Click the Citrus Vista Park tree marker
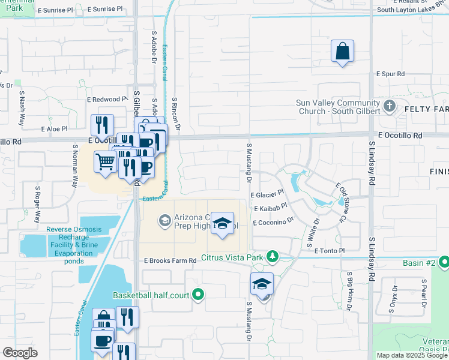(x=273, y=257)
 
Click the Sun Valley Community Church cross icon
(x=390, y=107)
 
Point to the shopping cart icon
(x=105, y=161)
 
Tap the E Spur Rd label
(x=391, y=74)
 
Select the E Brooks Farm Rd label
(x=170, y=261)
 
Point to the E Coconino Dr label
(x=273, y=222)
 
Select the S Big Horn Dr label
(x=349, y=290)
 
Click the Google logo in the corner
(x=20, y=353)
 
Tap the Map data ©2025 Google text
(x=412, y=355)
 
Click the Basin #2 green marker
(x=444, y=262)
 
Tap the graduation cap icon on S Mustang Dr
(x=262, y=284)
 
